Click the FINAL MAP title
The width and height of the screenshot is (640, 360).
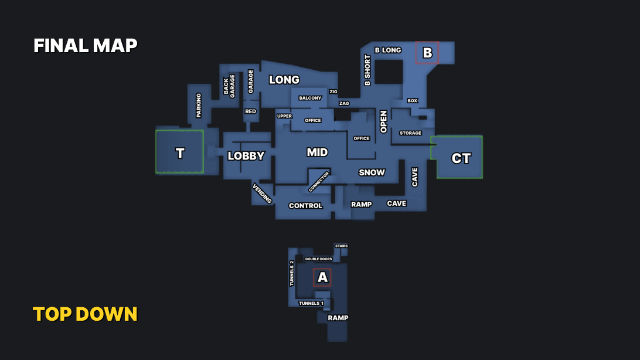86,46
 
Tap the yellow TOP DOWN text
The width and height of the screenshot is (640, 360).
85,314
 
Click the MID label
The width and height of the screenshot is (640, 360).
317,152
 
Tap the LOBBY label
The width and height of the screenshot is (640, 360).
246,156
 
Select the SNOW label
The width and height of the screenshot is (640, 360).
372,172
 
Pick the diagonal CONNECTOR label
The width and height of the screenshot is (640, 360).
319,182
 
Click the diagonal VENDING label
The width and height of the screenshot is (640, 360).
262,193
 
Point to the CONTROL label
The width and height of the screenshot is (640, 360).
306,206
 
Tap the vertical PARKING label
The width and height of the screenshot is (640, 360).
199,106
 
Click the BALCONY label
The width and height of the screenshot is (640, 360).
310,98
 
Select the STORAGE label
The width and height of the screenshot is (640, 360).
410,133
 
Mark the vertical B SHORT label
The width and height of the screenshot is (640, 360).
367,70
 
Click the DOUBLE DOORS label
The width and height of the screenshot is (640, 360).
319,259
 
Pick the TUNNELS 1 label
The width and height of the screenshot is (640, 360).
311,303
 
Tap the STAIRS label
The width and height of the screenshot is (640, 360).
341,246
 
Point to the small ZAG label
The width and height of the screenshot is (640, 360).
344,103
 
